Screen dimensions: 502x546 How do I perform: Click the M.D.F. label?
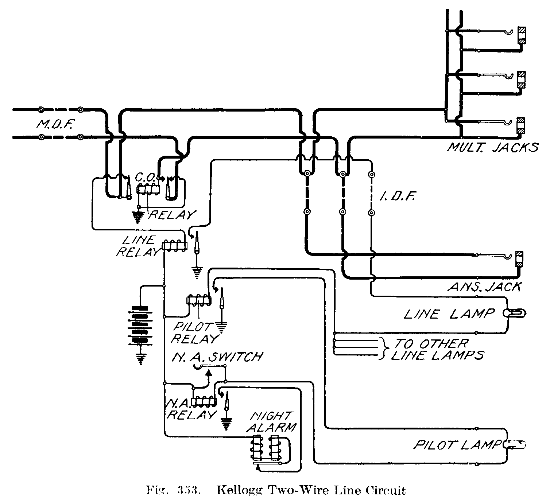pos(56,125)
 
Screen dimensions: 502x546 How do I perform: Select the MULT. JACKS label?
pos(493,148)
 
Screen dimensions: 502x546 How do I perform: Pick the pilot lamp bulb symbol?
pos(515,445)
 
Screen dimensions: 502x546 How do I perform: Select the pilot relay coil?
pos(199,300)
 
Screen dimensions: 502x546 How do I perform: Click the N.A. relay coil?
pos(205,401)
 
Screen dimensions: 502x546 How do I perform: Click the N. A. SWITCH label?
pos(217,357)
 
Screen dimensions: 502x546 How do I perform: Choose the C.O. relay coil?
pos(148,189)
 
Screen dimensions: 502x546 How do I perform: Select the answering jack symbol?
pos(519,260)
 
